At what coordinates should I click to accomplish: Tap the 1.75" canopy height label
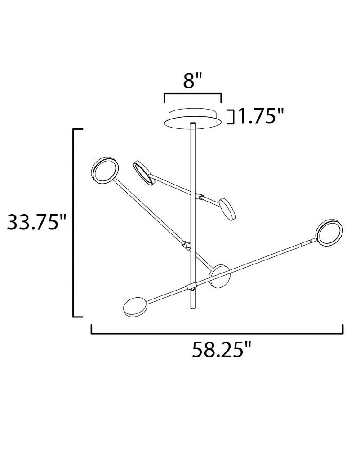(x=261, y=117)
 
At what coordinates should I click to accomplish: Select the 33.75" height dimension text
(x=36, y=222)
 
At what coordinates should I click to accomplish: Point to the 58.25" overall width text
(x=221, y=349)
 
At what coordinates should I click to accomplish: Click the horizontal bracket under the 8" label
(x=193, y=94)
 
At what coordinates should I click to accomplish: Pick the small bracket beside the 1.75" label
(x=231, y=117)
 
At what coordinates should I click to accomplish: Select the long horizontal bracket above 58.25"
(x=217, y=333)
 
